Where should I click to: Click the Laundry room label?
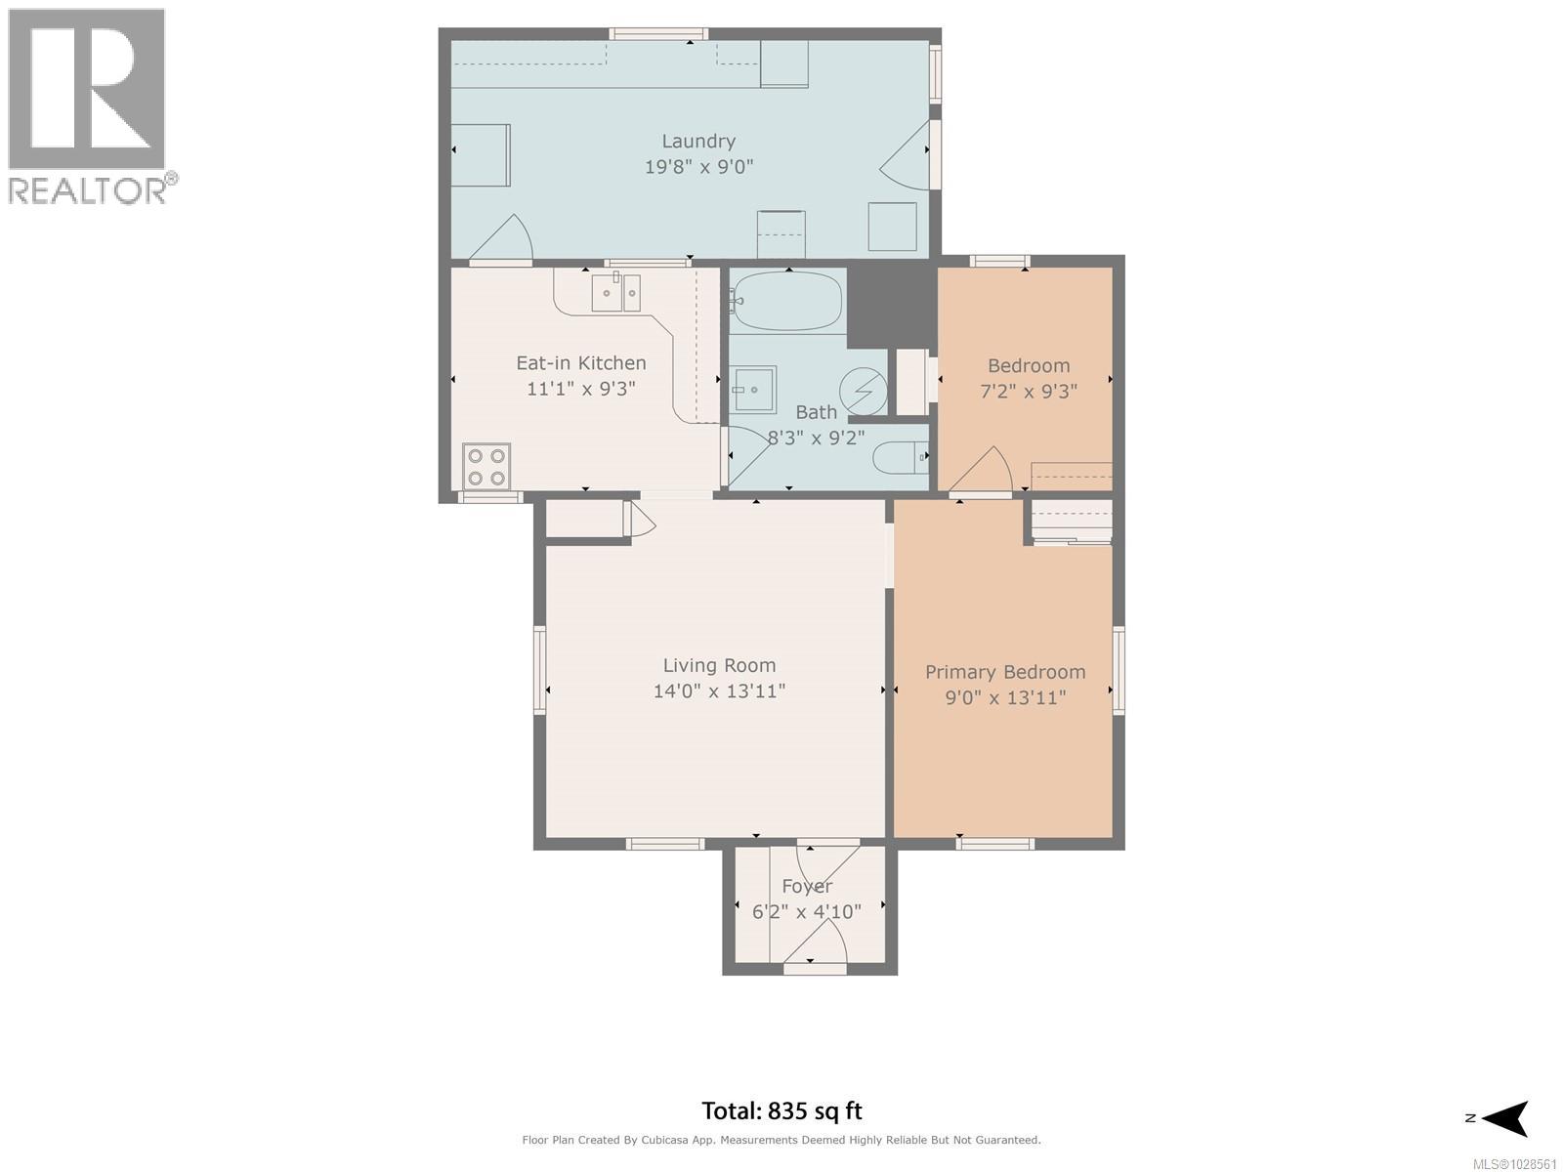pos(697,142)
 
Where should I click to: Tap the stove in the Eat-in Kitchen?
pos(486,466)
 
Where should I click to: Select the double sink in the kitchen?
pos(616,293)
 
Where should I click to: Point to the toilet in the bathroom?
pos(900,457)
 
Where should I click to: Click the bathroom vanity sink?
pos(754,390)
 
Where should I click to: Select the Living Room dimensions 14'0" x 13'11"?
pos(719,691)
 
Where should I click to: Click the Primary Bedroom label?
pos(1005,672)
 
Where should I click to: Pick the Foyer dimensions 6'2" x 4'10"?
pos(806,912)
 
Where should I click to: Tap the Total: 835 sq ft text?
pos(781,1110)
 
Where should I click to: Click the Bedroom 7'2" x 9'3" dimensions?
pos(1029,392)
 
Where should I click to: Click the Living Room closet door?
pos(642,520)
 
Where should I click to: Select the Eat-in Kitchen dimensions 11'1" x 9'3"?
pos(581,389)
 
